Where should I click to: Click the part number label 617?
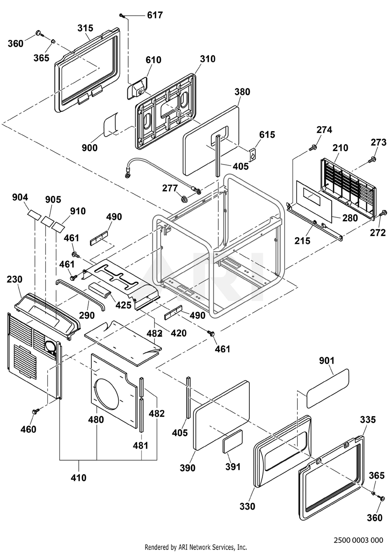click(155, 15)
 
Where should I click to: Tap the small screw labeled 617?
click(122, 16)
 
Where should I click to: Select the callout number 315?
click(85, 28)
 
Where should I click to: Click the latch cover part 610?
click(137, 88)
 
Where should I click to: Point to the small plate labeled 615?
click(252, 155)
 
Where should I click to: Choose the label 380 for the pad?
click(242, 92)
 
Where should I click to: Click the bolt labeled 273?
click(372, 159)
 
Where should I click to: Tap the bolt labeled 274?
click(312, 148)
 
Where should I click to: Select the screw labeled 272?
click(383, 213)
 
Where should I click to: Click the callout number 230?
click(15, 280)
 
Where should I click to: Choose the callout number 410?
click(78, 478)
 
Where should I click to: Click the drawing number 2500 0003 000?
click(358, 540)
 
